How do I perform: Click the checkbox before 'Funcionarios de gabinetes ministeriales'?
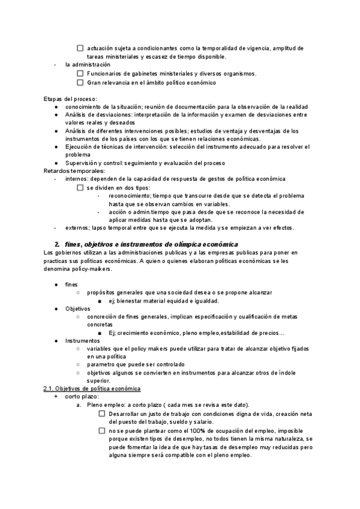81,74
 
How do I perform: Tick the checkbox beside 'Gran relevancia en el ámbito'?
81,83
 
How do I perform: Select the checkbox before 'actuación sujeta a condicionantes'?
81,48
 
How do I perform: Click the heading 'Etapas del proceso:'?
70,98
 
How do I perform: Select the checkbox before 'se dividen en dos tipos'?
81,188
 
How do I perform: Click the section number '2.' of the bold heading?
57,244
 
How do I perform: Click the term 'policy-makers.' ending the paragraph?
76,269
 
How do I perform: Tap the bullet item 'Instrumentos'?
83,340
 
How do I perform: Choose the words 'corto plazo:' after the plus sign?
82,397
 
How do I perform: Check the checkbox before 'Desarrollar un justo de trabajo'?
102,414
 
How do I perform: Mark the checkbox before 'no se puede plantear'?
102,430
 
